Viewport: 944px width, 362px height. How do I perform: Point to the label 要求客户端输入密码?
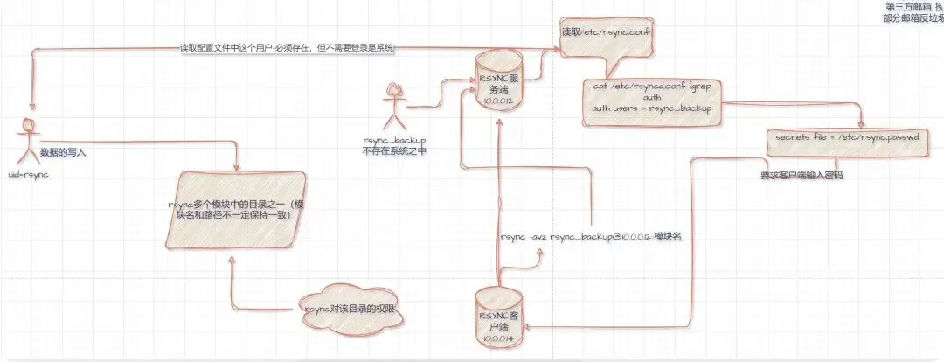pyautogui.click(x=802, y=175)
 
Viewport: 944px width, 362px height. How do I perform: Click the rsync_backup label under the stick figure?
pyautogui.click(x=398, y=139)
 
